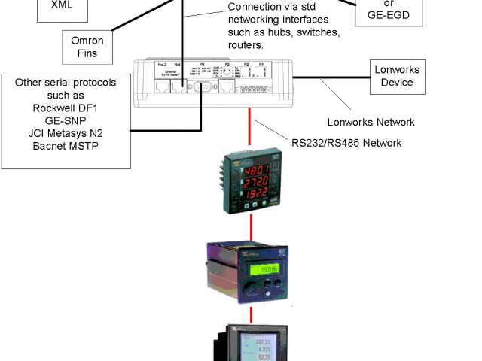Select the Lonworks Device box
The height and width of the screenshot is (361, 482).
[397, 77]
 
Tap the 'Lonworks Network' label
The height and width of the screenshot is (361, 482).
[371, 122]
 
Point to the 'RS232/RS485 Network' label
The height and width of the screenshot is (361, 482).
[346, 142]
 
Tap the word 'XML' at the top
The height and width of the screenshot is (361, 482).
[62, 5]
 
